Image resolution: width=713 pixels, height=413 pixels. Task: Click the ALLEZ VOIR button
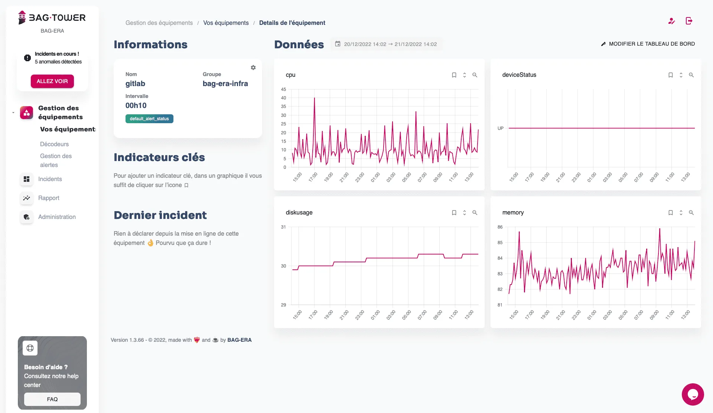click(x=52, y=81)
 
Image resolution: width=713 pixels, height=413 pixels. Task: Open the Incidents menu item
click(x=50, y=179)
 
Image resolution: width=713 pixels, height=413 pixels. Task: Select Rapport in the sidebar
click(x=49, y=198)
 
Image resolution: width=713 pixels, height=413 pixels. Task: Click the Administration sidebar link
click(x=57, y=217)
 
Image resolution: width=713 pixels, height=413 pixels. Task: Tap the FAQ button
click(x=52, y=399)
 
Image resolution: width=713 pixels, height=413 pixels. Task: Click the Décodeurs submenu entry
click(x=54, y=144)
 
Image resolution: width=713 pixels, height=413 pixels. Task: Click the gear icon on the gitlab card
click(x=253, y=68)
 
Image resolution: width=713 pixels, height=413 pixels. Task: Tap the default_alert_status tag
click(x=149, y=119)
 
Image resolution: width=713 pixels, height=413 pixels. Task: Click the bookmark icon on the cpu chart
click(x=454, y=75)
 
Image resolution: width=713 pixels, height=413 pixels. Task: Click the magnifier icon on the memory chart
click(x=691, y=213)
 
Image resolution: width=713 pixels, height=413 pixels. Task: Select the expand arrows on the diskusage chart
click(x=465, y=213)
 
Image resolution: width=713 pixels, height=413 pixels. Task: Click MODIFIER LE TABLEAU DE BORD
click(x=648, y=44)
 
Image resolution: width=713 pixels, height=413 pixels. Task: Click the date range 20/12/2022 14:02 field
click(x=386, y=44)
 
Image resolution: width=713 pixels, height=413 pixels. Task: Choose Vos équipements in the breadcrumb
click(x=226, y=23)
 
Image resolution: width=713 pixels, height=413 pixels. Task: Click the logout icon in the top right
click(x=689, y=21)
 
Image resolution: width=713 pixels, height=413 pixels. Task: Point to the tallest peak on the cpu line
click(x=315, y=98)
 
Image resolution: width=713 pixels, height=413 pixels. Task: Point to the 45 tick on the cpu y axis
click(x=284, y=89)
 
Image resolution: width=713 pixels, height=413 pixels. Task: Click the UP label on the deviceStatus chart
click(x=501, y=128)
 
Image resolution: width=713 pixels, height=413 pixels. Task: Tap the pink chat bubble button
click(x=693, y=394)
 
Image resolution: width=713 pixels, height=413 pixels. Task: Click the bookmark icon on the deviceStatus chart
click(x=671, y=75)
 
